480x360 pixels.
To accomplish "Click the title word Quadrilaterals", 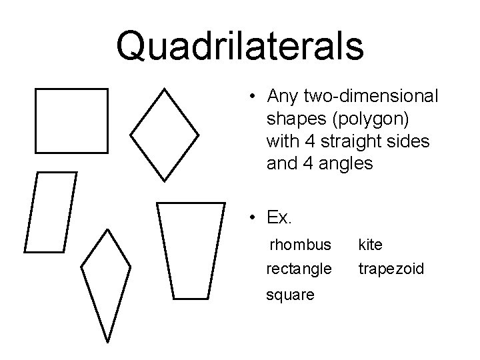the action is [240, 45].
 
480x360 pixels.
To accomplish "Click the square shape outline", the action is [71, 120].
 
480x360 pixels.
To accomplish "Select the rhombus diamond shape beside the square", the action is [164, 134].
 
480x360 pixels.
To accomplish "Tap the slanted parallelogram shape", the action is [51, 212].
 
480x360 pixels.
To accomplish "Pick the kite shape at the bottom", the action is [105, 283].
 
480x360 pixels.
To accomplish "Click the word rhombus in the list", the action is [300, 245].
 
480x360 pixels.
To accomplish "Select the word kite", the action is [370, 245].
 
